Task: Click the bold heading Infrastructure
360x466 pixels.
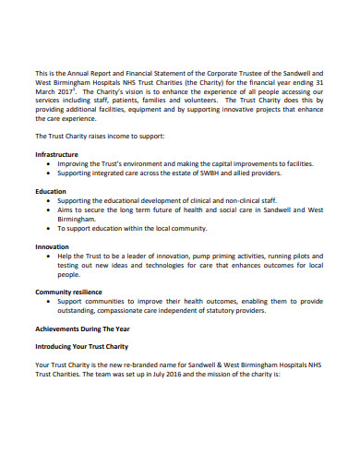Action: [x=56, y=154]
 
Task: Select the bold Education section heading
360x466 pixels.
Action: [x=51, y=191]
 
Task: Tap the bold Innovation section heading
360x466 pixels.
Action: [x=52, y=246]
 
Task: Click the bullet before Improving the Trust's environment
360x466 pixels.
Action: [x=48, y=163]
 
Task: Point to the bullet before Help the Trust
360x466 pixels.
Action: [x=48, y=256]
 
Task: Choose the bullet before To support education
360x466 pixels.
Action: [x=48, y=228]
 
